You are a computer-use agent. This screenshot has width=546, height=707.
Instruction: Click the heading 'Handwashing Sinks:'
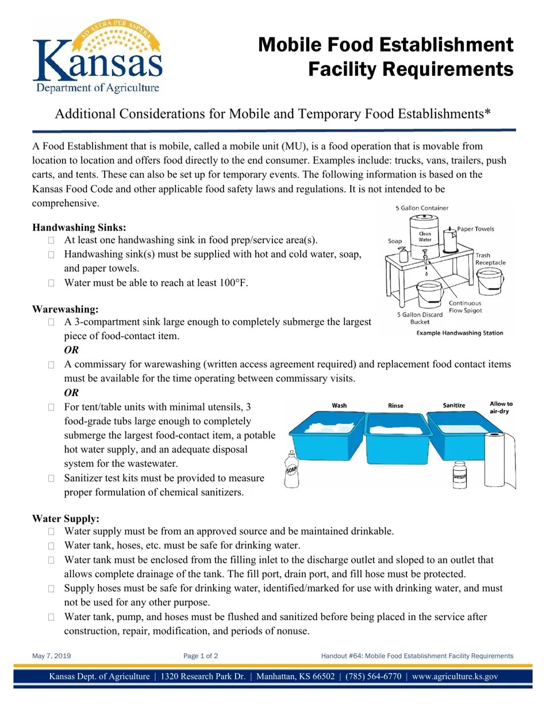(x=79, y=227)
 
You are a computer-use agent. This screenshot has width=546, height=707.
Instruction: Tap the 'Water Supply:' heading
(x=66, y=518)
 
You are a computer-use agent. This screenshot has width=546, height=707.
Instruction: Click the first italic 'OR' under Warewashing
(x=71, y=350)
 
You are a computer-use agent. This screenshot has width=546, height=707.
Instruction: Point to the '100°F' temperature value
(x=233, y=282)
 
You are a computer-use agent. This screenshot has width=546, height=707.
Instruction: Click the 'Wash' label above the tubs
(x=340, y=406)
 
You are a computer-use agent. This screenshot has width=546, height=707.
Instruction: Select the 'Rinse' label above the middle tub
(x=395, y=406)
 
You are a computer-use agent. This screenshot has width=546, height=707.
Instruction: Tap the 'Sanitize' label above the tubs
(x=454, y=406)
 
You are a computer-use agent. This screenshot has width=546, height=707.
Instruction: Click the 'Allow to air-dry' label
(x=501, y=408)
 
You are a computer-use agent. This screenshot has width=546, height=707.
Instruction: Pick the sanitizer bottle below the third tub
(x=459, y=475)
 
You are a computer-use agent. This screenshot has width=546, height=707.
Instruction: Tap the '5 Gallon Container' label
(x=422, y=208)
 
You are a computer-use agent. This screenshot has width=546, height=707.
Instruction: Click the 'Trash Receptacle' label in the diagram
(x=490, y=259)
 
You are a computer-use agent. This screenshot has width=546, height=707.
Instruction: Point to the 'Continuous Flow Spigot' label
(x=465, y=307)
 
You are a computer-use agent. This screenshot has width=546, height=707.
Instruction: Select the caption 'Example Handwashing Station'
(x=459, y=333)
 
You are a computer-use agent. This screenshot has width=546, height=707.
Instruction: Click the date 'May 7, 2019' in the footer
(x=52, y=656)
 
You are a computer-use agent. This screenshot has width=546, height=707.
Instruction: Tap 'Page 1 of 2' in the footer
(x=201, y=656)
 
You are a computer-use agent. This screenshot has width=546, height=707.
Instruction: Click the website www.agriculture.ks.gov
(x=455, y=677)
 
